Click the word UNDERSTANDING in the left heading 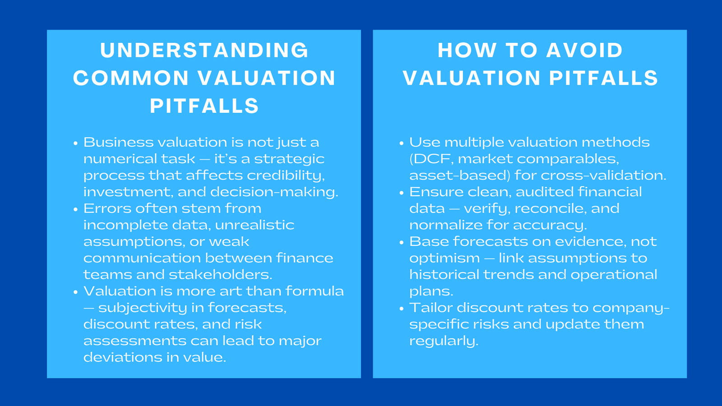pyautogui.click(x=204, y=50)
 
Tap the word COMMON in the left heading pyautogui.click(x=130, y=78)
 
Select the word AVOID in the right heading pyautogui.click(x=584, y=50)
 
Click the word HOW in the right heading pyautogui.click(x=467, y=50)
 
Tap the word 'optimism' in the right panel pyautogui.click(x=444, y=258)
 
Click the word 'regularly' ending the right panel pyautogui.click(x=443, y=341)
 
